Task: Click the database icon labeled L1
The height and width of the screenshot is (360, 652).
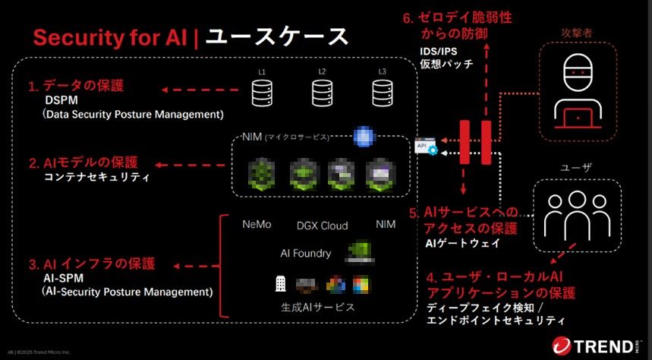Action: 262,93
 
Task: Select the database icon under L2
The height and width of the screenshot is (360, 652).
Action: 322,93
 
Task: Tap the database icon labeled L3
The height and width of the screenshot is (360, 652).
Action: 382,93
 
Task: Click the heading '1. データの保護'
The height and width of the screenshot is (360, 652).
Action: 77,86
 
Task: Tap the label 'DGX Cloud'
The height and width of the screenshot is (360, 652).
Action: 322,226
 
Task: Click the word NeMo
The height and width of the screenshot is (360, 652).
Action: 257,225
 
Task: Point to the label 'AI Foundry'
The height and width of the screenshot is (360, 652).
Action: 306,253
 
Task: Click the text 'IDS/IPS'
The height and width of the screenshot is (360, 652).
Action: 439,51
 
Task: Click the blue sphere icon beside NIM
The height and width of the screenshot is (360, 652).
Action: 364,136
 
